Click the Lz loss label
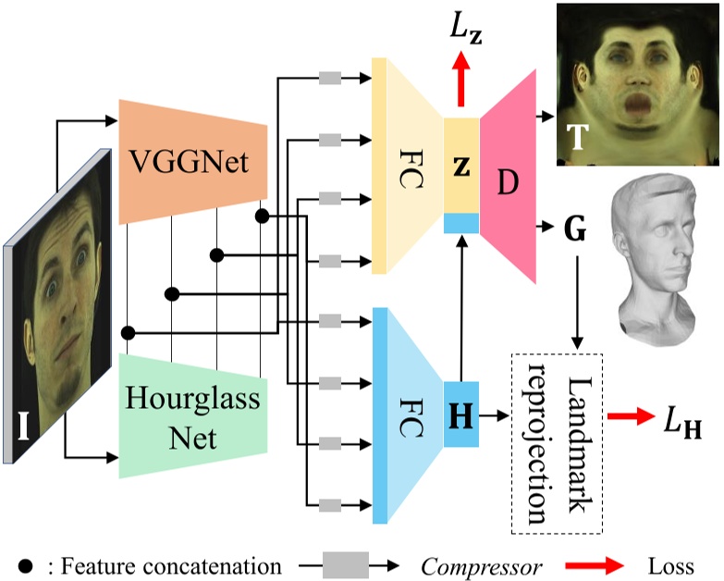click(465, 35)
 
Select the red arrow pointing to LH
click(628, 418)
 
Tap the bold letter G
click(575, 226)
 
